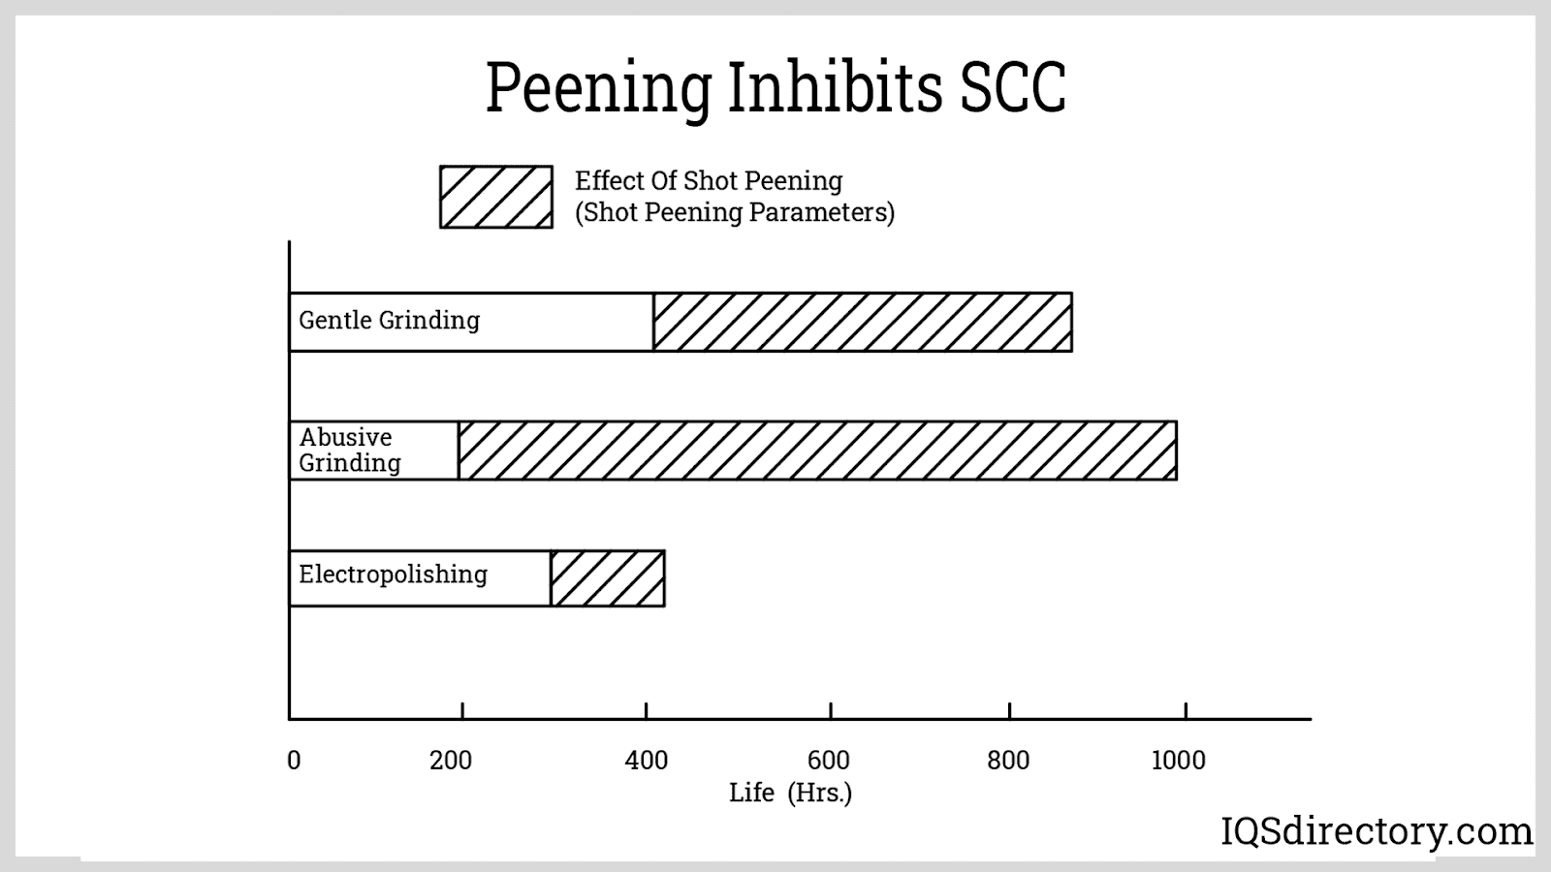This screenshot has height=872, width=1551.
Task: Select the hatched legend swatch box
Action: pyautogui.click(x=496, y=197)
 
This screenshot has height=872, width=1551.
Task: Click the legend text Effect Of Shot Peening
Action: pyautogui.click(x=709, y=181)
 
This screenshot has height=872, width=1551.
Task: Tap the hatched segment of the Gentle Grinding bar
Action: pyautogui.click(x=862, y=322)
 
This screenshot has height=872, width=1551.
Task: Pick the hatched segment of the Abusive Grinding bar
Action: pyautogui.click(x=817, y=451)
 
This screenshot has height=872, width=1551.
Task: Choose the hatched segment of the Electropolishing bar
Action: pyautogui.click(x=608, y=578)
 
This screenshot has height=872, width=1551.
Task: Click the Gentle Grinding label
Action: pyautogui.click(x=389, y=321)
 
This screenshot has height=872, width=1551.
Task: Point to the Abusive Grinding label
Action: pyautogui.click(x=349, y=450)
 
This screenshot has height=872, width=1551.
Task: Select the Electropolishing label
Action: pyautogui.click(x=393, y=575)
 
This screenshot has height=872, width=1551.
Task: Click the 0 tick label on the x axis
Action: pyautogui.click(x=294, y=761)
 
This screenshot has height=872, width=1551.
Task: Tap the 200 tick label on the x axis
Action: pyautogui.click(x=451, y=761)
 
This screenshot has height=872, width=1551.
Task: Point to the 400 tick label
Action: pyautogui.click(x=647, y=761)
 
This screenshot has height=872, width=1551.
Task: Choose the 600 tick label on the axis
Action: pyautogui.click(x=829, y=761)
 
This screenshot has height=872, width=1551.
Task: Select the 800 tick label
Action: pyautogui.click(x=1008, y=761)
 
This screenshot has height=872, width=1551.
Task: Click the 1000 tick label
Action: pyautogui.click(x=1178, y=761)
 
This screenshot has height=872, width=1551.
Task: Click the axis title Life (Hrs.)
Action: pyautogui.click(x=790, y=793)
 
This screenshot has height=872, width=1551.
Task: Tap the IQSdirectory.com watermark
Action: pyautogui.click(x=1376, y=831)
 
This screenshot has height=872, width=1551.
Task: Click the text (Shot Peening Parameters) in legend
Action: pyautogui.click(x=734, y=212)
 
